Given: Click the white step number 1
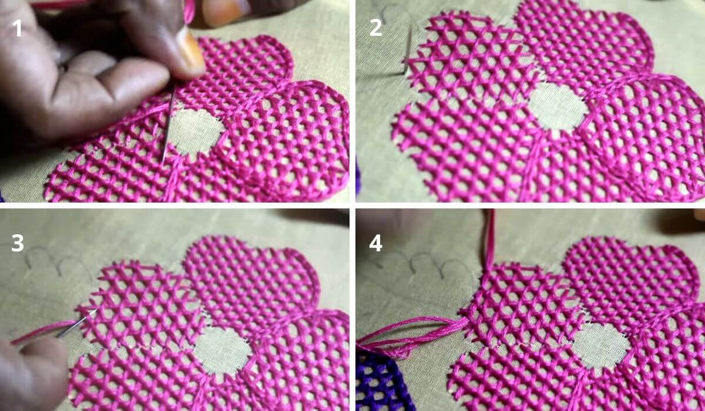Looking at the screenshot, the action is coord(17,28).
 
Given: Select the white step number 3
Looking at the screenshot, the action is coord(17,243).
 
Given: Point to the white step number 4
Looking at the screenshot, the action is coord(376,243).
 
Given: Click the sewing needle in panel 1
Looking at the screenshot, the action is coord(169,123).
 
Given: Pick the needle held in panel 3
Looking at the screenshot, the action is coord(76,324).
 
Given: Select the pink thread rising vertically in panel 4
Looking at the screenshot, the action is coord(490,239).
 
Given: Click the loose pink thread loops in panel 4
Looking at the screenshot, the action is coord(409,336).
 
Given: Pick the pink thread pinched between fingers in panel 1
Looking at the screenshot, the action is coord(189,12).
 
